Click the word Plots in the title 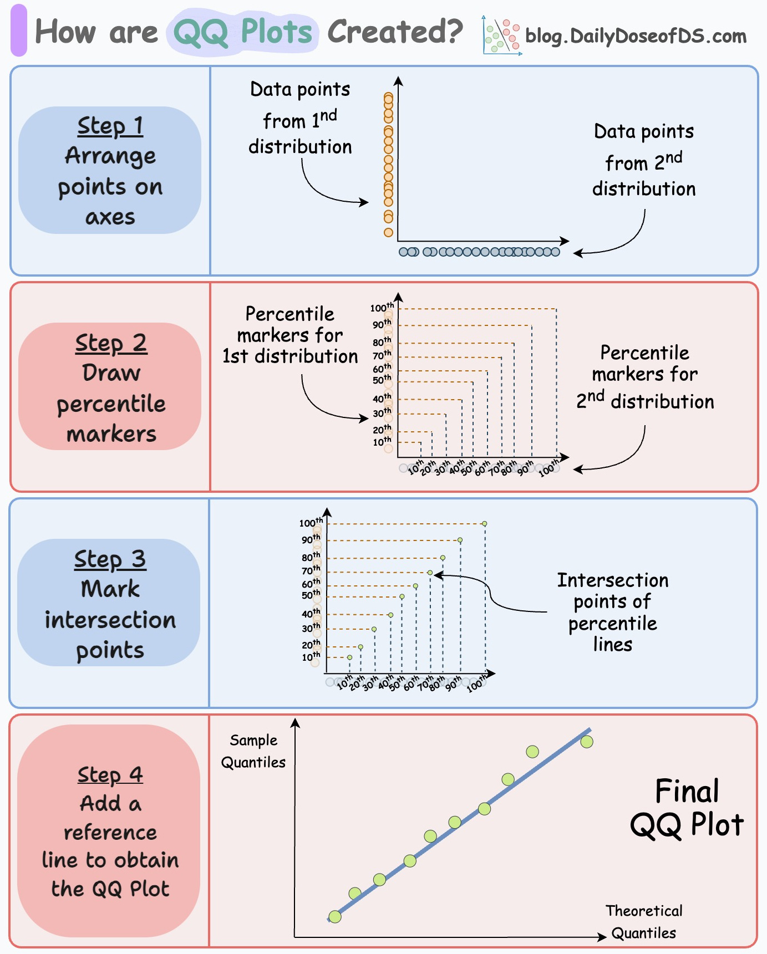tap(276, 32)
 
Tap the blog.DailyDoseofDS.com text tap(636, 36)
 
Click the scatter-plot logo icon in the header tap(501, 36)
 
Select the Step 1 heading tap(110, 126)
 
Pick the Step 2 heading tap(111, 343)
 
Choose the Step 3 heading tap(110, 559)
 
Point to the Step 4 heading tap(110, 774)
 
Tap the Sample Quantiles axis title tap(253, 751)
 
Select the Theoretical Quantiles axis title tap(643, 922)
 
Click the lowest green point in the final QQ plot tap(335, 916)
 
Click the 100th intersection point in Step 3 tap(484, 523)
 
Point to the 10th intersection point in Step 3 tap(349, 657)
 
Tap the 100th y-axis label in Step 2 tap(382, 308)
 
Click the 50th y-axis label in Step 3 tap(311, 595)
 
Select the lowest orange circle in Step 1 tap(388, 232)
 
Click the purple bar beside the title tap(19, 30)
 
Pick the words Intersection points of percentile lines tap(612, 612)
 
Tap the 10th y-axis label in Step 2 tap(382, 442)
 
